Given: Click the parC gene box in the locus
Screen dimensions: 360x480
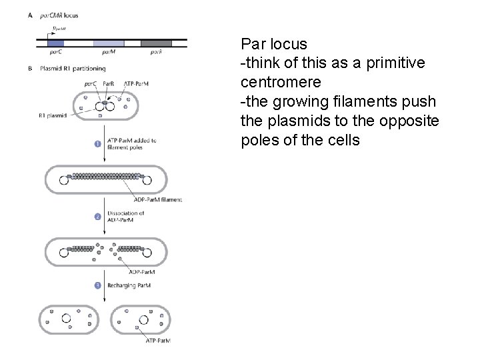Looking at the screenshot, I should click(x=55, y=43).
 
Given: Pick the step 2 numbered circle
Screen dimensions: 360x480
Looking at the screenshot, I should click(x=97, y=216).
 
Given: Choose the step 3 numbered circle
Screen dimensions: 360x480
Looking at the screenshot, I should click(x=97, y=285).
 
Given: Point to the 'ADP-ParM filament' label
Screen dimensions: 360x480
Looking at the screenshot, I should click(x=157, y=199).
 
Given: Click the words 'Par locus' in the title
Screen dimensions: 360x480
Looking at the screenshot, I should click(x=274, y=45).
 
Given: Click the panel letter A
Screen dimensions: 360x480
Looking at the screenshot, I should click(x=30, y=14).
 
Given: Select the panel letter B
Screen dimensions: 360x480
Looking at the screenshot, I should click(x=30, y=67).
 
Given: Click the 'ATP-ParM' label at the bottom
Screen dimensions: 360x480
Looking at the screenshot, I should click(x=158, y=341).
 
